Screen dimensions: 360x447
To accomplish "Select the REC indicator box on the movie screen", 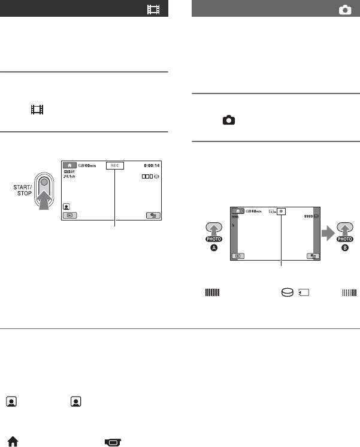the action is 113,165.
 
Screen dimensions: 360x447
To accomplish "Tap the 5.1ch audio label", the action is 72,176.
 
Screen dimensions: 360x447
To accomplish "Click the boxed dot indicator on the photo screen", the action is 281,212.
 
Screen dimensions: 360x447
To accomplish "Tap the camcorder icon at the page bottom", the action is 112,442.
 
